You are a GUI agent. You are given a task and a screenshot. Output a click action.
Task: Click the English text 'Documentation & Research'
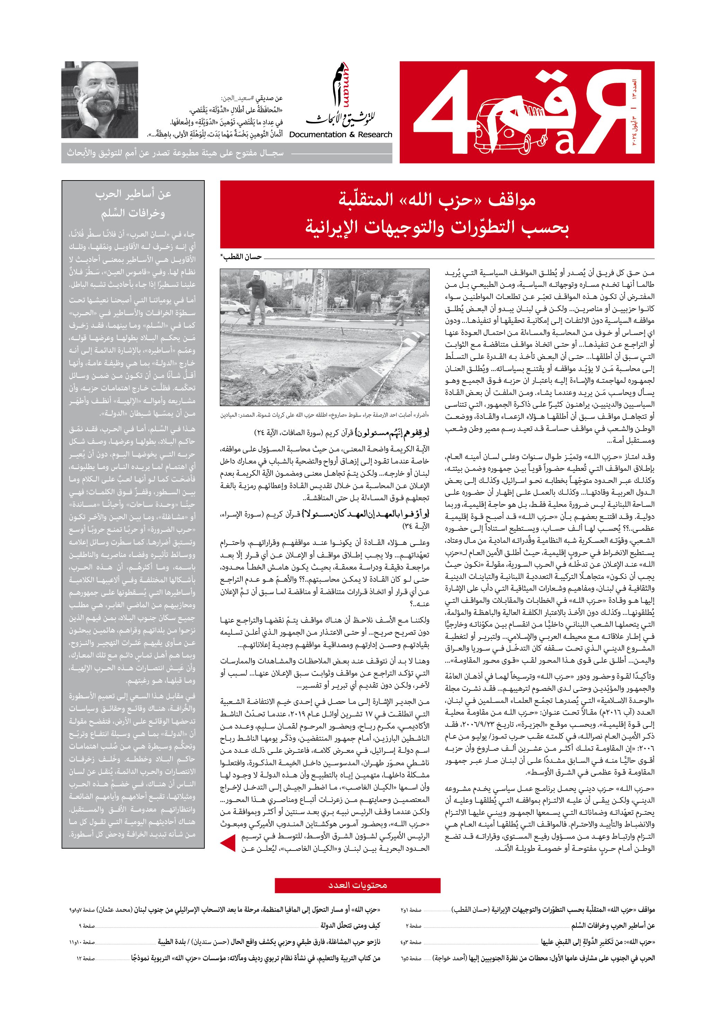click(341, 134)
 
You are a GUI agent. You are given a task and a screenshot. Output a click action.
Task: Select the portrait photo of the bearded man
click(100, 99)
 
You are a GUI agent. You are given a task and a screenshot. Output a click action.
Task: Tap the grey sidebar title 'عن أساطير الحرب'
click(133, 195)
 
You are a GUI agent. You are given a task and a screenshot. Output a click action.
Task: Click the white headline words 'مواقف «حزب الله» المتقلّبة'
click(437, 200)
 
